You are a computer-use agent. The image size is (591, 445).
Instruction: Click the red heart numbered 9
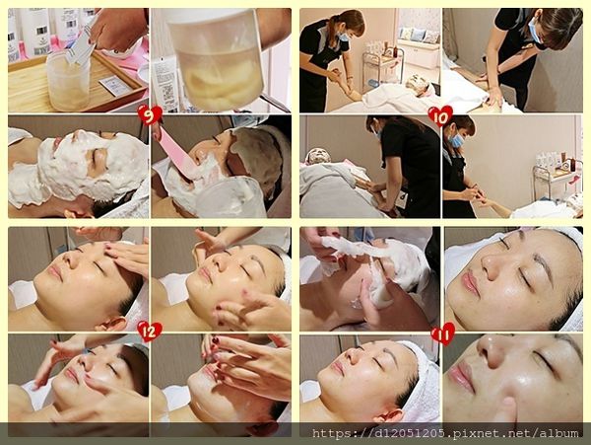[150, 115]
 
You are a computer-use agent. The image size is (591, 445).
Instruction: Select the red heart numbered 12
[150, 332]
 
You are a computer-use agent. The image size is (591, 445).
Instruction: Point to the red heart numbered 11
[442, 333]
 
